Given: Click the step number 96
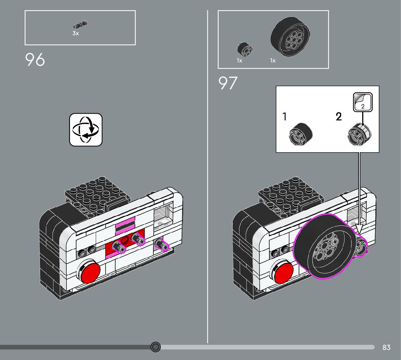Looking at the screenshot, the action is (35, 60).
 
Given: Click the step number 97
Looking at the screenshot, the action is (228, 83).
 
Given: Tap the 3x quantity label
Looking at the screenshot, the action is (75, 33).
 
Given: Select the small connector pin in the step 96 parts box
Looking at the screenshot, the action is (80, 25).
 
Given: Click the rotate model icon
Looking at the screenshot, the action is (86, 130).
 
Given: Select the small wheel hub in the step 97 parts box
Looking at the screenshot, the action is (245, 49).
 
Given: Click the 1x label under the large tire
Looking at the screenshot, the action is (273, 61).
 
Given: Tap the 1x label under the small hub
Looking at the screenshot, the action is (239, 61).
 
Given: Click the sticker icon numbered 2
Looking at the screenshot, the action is (363, 102).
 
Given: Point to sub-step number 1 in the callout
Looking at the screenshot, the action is (285, 116).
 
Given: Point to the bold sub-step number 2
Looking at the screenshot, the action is (339, 116).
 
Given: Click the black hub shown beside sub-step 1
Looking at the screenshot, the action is (301, 134).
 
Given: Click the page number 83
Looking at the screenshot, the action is (386, 347).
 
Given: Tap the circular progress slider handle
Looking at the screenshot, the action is (156, 347).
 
